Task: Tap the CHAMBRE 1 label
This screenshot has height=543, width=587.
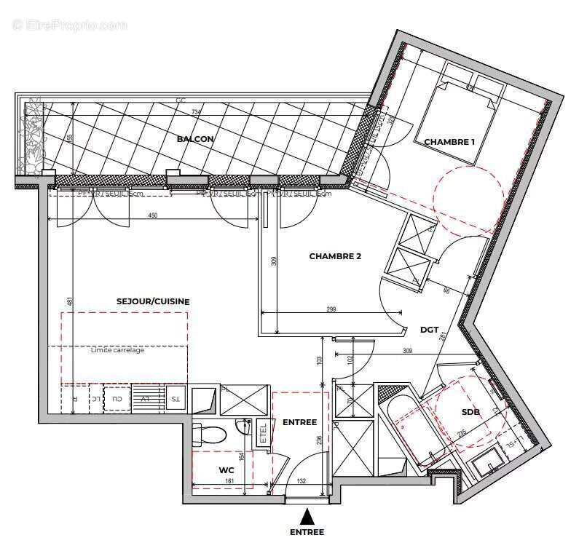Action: point(449,142)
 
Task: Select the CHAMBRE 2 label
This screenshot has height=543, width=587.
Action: point(335,256)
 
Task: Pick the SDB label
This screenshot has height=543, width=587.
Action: point(470,412)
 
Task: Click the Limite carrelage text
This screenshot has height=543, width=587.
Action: point(117,350)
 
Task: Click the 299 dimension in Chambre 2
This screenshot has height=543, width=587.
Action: point(331,309)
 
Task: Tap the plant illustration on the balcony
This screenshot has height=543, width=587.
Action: point(34,138)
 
